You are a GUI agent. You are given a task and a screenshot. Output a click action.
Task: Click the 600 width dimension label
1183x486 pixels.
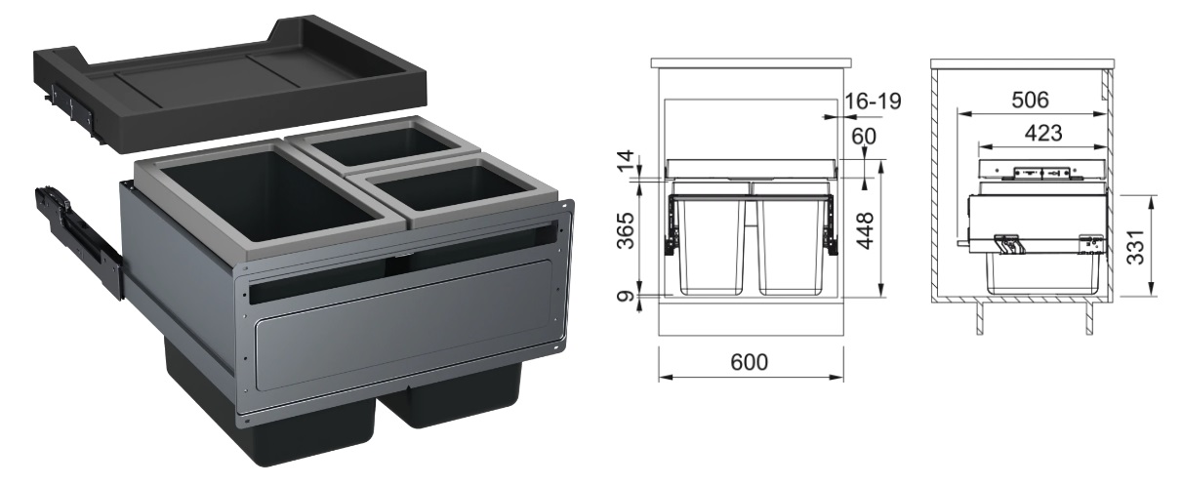[750, 362]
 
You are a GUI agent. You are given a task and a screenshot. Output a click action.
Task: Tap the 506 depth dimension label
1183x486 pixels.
[1031, 100]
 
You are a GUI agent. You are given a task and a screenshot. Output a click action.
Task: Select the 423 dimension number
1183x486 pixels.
[1043, 133]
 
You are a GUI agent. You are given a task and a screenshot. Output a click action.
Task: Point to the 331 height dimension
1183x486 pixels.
[1136, 247]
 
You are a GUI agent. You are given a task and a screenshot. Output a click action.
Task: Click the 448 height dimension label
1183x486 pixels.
[865, 230]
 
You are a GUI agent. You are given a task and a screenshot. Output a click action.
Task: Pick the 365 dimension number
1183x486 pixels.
[626, 231]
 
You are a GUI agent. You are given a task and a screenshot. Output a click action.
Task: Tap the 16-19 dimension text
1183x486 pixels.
[874, 101]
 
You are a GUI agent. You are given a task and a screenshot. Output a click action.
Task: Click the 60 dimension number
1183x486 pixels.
[864, 137]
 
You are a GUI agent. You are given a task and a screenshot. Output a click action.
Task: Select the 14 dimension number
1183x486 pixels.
[625, 162]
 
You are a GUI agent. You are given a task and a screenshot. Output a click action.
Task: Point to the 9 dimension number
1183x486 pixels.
[626, 296]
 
